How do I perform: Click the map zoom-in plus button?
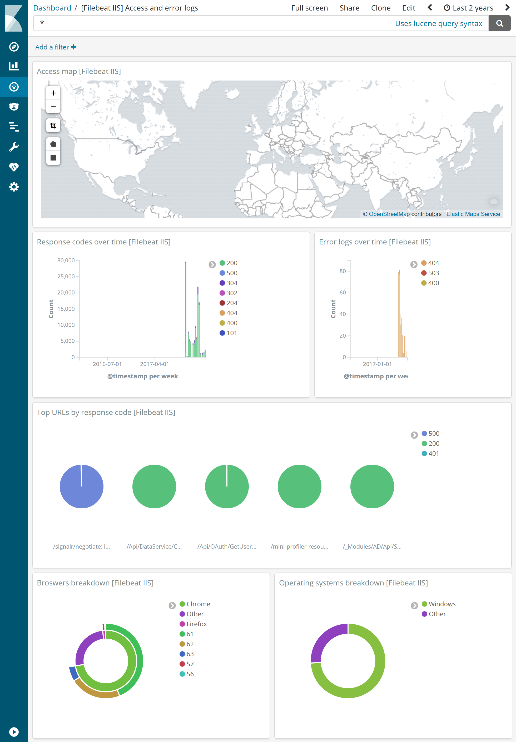click(x=53, y=93)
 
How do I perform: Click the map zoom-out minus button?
click(x=53, y=106)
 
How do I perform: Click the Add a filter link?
click(x=55, y=47)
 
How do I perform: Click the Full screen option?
click(x=309, y=8)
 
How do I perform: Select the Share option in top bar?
click(x=349, y=8)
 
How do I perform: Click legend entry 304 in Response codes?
click(x=231, y=283)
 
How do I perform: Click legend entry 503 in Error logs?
click(x=433, y=273)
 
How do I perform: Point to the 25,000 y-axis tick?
click(x=66, y=277)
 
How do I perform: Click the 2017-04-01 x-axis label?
click(x=154, y=364)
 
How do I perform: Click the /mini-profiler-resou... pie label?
click(x=299, y=547)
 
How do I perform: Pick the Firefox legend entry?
click(x=196, y=624)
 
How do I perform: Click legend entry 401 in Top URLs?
click(x=433, y=454)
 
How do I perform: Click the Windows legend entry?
click(x=442, y=604)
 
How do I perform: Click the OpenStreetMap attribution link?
click(x=389, y=214)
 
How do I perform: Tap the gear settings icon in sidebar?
click(x=14, y=187)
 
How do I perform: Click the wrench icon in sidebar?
click(x=14, y=147)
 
